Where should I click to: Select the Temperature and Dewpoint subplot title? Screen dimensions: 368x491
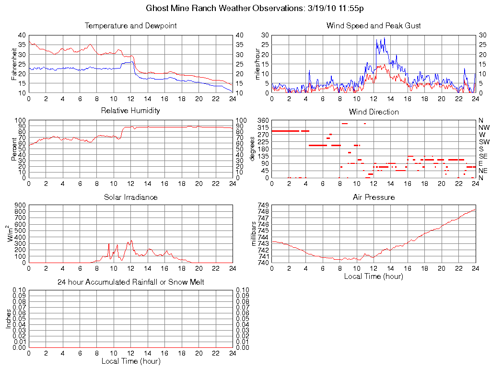(130, 25)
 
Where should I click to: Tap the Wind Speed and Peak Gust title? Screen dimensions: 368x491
(374, 25)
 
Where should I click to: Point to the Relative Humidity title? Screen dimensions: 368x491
(130, 111)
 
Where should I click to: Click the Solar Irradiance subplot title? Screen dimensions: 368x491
(130, 197)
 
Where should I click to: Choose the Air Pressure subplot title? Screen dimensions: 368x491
(374, 197)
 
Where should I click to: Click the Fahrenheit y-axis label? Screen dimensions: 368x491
(14, 64)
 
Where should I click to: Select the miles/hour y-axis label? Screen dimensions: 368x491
(257, 64)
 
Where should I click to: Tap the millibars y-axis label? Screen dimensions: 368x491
(254, 234)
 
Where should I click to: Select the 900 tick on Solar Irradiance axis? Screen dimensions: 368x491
(20, 205)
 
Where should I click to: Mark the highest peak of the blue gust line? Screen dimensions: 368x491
(384, 38)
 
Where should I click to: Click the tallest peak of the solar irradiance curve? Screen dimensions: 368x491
(131, 241)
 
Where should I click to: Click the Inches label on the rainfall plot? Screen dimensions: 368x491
(8, 319)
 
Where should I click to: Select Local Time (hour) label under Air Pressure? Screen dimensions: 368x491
(374, 276)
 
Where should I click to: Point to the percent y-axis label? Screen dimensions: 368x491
(14, 149)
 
